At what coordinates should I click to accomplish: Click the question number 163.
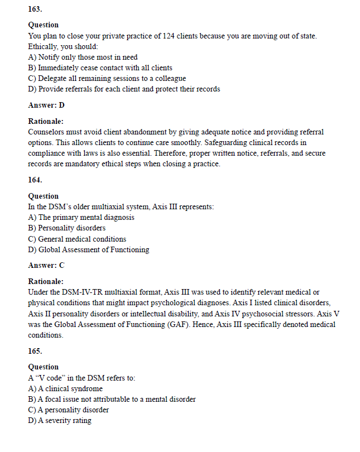point(35,9)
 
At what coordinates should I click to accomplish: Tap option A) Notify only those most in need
point(83,57)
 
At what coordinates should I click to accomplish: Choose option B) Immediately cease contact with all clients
point(100,68)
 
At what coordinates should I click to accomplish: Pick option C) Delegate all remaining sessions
point(107,78)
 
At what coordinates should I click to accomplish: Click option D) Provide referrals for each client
point(124,89)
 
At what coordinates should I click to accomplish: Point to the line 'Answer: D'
point(46,105)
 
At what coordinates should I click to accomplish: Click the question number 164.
point(35,180)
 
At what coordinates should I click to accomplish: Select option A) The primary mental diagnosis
point(81,217)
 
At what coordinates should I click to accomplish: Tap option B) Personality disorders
point(66,228)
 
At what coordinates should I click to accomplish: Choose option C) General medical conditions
point(77,239)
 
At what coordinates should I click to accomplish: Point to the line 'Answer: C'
point(46,266)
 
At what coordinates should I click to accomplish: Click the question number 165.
point(35,352)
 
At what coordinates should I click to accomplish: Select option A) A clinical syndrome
point(65,388)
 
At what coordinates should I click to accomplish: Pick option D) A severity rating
point(60,420)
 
